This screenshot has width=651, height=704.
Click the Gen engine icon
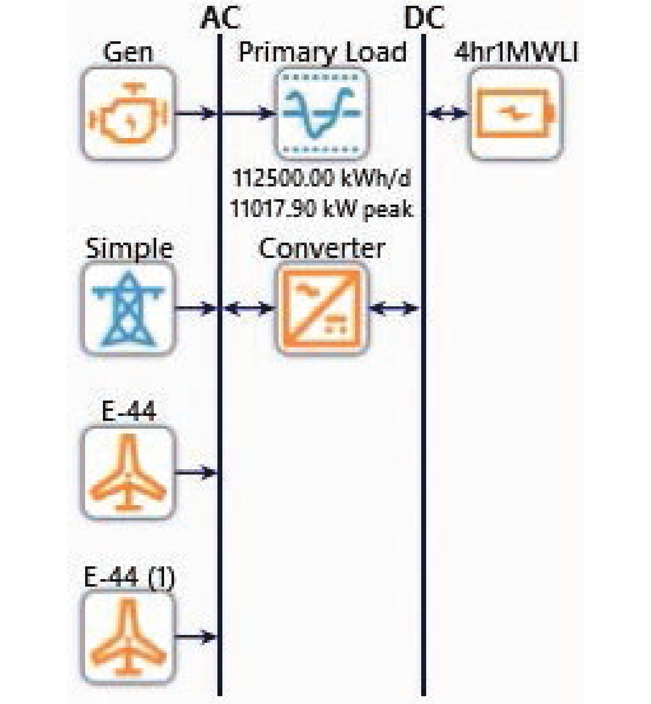point(128,113)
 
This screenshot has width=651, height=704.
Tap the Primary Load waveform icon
point(322,113)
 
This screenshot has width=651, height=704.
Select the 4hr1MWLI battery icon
point(516,113)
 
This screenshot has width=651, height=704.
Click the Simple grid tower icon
point(128,309)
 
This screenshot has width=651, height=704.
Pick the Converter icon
point(322,309)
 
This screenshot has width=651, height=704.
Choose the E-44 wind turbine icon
point(128,473)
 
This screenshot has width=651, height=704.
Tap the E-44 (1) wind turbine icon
point(128,637)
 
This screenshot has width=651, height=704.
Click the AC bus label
point(220,19)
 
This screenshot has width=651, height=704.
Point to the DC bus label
point(424,19)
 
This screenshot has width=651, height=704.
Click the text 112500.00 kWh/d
point(322,179)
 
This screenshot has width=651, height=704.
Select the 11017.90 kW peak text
point(322,208)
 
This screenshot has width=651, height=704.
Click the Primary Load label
point(322,52)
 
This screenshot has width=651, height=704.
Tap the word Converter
point(322,248)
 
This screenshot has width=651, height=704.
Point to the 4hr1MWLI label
point(516,52)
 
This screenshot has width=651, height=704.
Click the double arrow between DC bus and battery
point(447,113)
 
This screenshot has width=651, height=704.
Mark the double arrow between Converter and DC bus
point(394,308)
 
